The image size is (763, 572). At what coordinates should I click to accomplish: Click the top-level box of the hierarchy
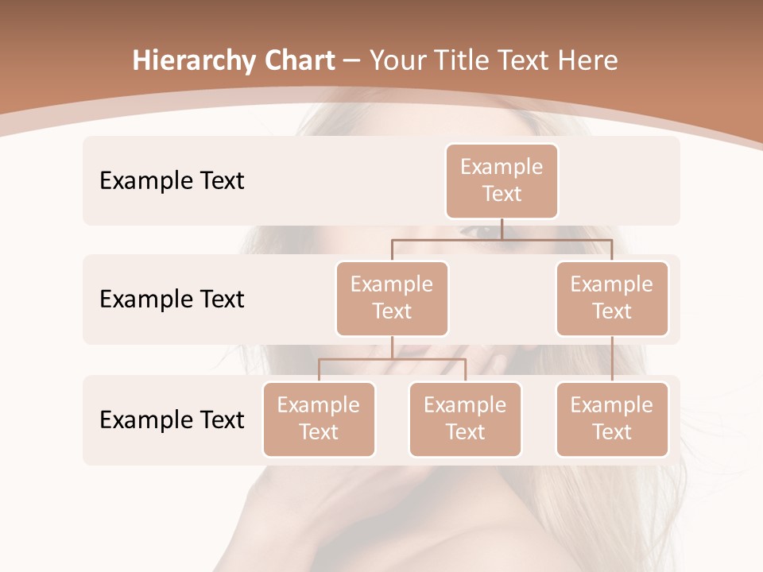point(502,180)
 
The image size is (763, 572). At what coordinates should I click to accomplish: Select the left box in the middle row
point(392,298)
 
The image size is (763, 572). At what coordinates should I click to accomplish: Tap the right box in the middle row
point(612,298)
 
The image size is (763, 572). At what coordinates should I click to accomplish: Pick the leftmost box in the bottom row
point(319,419)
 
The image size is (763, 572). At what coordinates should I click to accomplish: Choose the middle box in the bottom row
point(465,419)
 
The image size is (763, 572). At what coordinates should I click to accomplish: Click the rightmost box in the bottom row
point(612,419)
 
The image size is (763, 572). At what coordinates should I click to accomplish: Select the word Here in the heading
point(589,60)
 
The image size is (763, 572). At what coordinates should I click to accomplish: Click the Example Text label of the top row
point(172,180)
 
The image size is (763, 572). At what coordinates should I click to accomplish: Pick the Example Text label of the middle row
point(172,299)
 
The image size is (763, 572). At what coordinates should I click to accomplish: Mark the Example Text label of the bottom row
point(172,419)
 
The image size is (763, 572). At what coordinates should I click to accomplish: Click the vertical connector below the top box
point(502,229)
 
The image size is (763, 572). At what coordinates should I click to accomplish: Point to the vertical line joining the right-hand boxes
point(612,359)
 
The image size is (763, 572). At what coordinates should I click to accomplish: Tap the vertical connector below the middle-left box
point(392,347)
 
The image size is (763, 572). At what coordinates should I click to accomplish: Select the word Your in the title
point(396,60)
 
